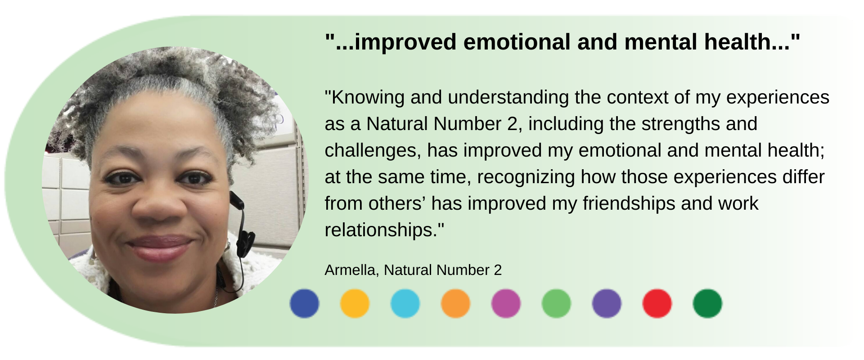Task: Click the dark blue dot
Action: tap(304, 304)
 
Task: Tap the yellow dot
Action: tap(355, 304)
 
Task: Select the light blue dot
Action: tap(405, 304)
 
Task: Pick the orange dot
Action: tap(455, 304)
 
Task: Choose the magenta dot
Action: tap(506, 304)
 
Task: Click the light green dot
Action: tap(556, 304)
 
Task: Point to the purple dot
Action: tap(607, 304)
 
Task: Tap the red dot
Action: tap(657, 304)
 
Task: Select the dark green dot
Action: tap(707, 304)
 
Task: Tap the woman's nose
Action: tap(159, 205)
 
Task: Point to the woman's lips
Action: tap(160, 248)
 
